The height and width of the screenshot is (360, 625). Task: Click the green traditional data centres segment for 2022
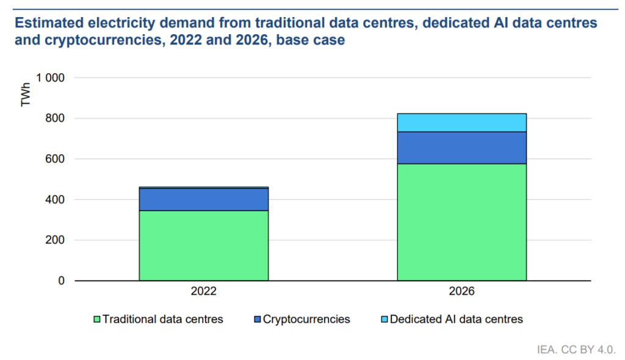[x=204, y=245]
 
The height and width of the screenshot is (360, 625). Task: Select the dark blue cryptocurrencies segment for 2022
[x=204, y=200]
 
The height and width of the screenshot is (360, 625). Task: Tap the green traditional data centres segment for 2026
[x=461, y=222]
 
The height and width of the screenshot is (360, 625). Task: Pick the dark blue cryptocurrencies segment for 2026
[x=461, y=148]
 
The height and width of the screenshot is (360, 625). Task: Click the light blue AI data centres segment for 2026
[x=461, y=123]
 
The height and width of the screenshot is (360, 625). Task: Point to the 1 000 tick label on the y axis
[x=50, y=77]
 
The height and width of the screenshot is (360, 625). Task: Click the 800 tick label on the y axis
[x=55, y=118]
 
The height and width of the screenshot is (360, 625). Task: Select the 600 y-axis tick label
[x=55, y=159]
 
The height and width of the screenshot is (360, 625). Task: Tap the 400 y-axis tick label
[x=55, y=200]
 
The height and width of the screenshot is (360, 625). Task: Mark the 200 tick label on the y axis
[x=55, y=240]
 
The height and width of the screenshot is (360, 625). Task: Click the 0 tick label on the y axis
[x=62, y=281]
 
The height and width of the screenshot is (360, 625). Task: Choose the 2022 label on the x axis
[x=204, y=291]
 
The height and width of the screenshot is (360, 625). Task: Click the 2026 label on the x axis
[x=461, y=291]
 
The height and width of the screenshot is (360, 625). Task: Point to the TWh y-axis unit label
[x=26, y=95]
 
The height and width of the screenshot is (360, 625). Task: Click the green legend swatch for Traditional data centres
[x=97, y=319]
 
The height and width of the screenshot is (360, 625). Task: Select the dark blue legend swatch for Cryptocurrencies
[x=258, y=319]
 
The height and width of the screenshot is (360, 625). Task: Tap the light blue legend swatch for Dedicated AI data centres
[x=385, y=319]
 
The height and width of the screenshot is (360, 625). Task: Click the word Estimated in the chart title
[x=49, y=23]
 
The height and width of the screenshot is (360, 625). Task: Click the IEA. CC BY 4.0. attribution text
[x=576, y=350]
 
